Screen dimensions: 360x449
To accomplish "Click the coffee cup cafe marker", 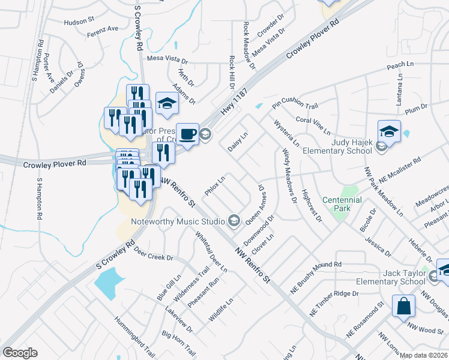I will [x=187, y=133].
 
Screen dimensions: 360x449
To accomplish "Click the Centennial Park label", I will [x=342, y=204].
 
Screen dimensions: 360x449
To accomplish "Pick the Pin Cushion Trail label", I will [x=294, y=106].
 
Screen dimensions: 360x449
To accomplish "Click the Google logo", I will [x=20, y=353].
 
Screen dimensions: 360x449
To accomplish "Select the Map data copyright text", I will [x=424, y=355].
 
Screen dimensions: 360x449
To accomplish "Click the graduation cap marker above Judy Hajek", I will [x=389, y=132].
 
